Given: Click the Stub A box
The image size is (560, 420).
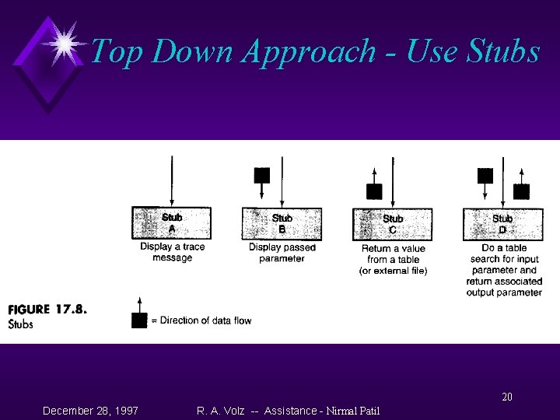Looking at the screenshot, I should (x=172, y=223).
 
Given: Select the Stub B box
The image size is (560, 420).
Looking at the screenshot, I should (x=282, y=223).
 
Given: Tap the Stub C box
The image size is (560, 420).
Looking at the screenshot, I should (x=392, y=224).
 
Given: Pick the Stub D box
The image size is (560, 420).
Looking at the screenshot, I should (x=502, y=224).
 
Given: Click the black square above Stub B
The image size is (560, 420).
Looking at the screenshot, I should (x=262, y=175).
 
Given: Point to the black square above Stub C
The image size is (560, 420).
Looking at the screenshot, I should (x=374, y=191).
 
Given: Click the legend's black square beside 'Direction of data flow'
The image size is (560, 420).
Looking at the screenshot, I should (x=139, y=320).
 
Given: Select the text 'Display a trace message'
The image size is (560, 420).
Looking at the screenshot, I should (x=172, y=253).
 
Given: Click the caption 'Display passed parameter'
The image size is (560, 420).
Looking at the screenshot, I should (x=282, y=253).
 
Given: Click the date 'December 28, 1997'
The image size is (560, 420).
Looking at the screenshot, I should (x=91, y=409).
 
